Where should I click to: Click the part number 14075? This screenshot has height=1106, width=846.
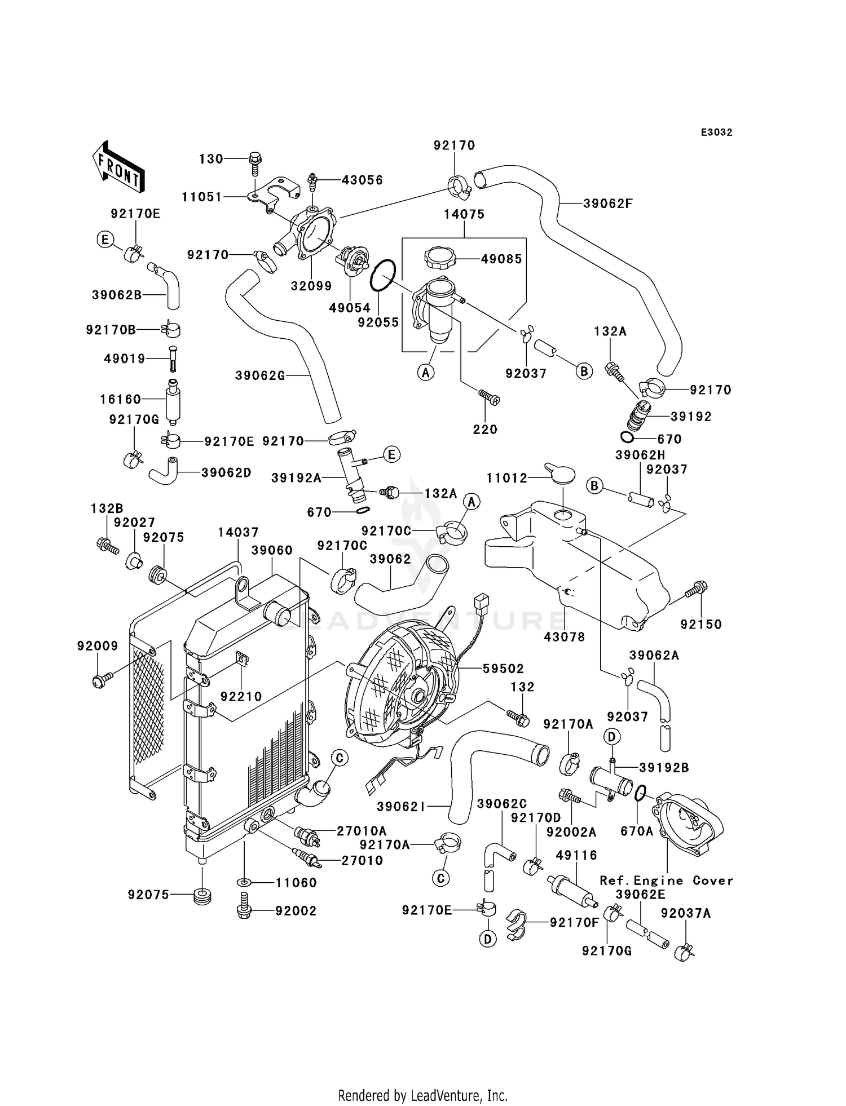point(464,214)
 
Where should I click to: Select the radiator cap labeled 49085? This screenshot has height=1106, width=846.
point(440,259)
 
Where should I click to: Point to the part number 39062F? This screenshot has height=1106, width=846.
point(608,203)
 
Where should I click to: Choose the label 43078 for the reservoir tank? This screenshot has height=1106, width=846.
point(565,637)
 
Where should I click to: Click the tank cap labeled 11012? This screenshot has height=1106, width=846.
point(560,473)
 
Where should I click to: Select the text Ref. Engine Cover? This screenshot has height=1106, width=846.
point(666,881)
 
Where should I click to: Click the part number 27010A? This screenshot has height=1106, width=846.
point(362,831)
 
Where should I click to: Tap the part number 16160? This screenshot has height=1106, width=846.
point(121,400)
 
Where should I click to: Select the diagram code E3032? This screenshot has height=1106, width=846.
point(717,132)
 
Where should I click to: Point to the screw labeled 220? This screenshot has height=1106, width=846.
point(489,397)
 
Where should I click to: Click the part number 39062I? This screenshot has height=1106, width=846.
point(401,807)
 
